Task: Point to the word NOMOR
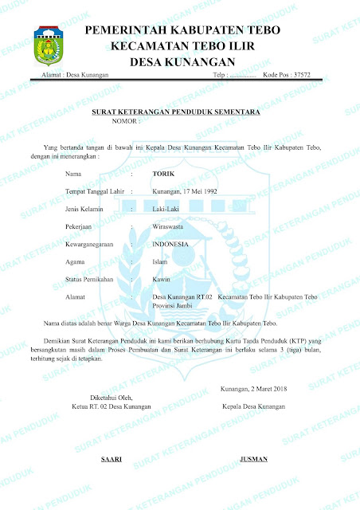tap(125, 124)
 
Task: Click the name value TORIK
tap(162, 173)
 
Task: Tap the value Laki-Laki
tap(166, 209)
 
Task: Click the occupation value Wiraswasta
tap(168, 226)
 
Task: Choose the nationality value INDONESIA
tap(170, 244)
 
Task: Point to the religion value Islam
tap(159, 261)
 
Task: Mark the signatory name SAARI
tap(111, 460)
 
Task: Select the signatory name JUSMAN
tap(253, 460)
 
